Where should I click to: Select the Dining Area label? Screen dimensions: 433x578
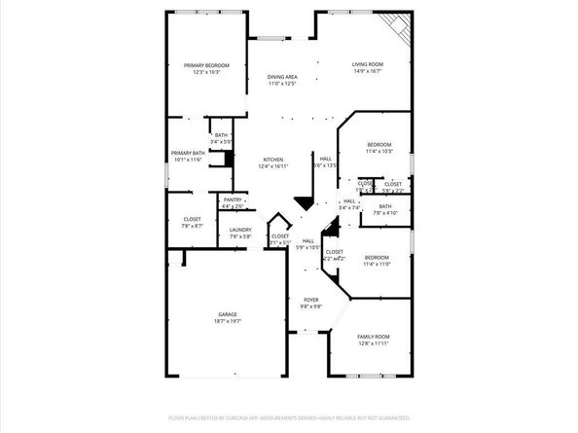click(x=282, y=76)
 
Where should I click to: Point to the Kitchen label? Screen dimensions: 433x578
click(x=272, y=160)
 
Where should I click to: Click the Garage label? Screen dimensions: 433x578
click(x=228, y=314)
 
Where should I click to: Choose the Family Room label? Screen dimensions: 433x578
click(x=373, y=336)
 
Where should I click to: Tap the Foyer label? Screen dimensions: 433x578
click(x=310, y=300)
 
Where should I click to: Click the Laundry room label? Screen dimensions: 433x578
click(x=240, y=231)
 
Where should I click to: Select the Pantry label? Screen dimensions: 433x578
click(x=232, y=199)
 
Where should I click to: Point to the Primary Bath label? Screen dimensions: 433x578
click(x=188, y=153)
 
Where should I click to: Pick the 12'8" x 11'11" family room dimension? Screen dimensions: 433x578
click(x=373, y=343)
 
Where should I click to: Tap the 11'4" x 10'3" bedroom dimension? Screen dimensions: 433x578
click(x=379, y=151)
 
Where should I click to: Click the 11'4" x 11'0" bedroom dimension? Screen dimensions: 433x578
click(x=377, y=264)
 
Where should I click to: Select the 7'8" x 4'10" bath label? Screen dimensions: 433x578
click(x=385, y=209)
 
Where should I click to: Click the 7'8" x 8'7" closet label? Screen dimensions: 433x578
click(x=193, y=223)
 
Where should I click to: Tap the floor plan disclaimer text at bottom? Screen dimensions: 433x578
click(x=288, y=417)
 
